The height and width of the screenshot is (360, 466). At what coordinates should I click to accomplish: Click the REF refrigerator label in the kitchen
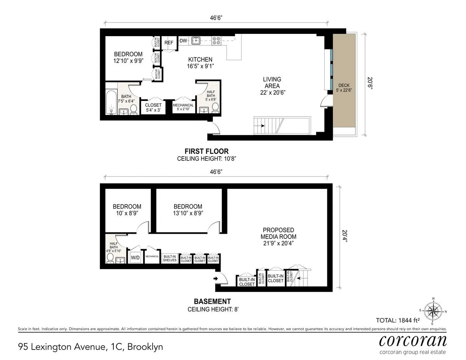pos(169,43)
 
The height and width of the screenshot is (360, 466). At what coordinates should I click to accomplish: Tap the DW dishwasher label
pos(183,40)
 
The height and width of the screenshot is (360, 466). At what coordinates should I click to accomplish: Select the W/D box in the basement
pos(135,257)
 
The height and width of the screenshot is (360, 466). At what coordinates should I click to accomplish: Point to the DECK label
pos(344,85)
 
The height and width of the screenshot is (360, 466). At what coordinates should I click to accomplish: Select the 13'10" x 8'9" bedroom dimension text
pos(188,213)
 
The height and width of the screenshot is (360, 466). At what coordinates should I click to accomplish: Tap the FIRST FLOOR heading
pos(206,151)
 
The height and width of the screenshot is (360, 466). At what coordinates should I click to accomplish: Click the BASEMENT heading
pos(212,301)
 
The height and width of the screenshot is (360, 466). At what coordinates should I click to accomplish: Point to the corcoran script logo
pos(412,340)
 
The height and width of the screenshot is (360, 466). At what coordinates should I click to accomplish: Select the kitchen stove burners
pos(216,39)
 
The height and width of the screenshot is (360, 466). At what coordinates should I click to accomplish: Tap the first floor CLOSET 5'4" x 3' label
pos(153,108)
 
